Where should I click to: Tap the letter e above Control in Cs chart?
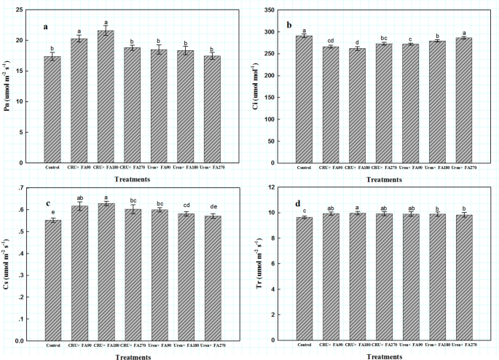coord(52,212)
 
